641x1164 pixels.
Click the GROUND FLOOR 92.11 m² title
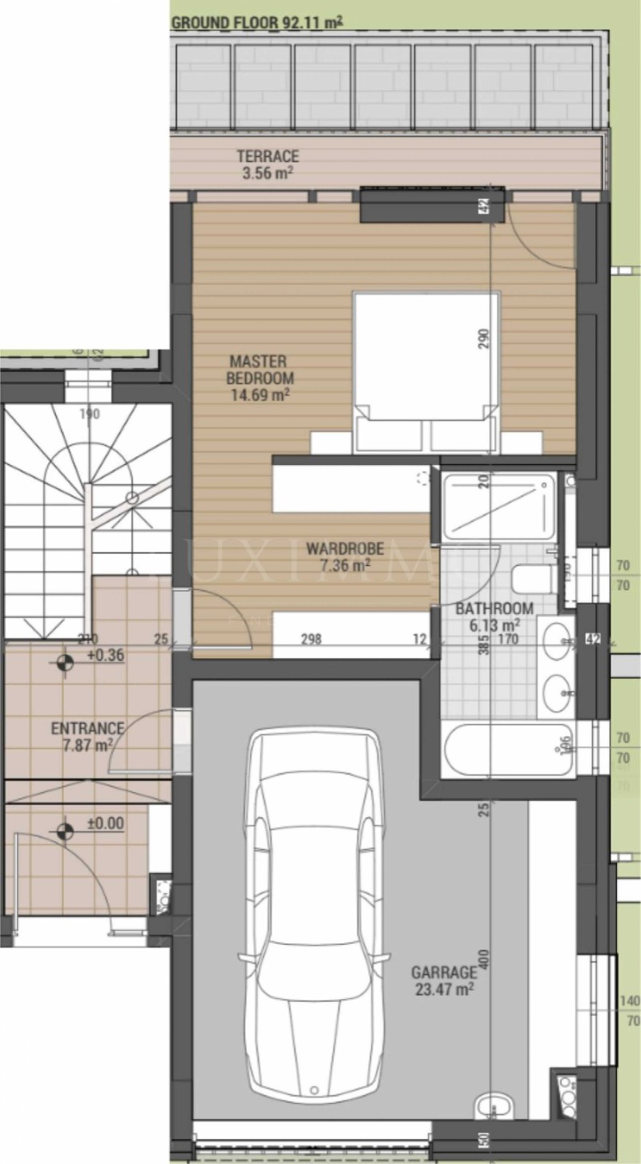[x=257, y=22]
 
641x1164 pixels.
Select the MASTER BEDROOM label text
[x=258, y=370]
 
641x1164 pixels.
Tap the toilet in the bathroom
[x=532, y=578]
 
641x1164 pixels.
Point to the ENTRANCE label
[x=87, y=729]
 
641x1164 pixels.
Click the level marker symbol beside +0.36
[x=64, y=663]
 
